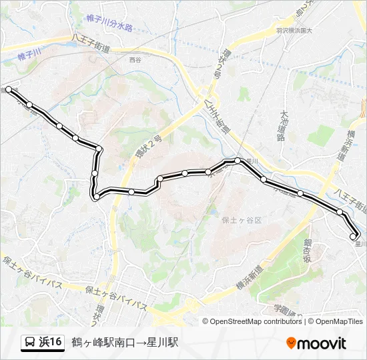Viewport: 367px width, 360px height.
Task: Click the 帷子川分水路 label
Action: click(x=110, y=26)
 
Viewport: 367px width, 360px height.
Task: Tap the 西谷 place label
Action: click(x=135, y=59)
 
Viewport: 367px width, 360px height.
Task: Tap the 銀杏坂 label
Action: click(x=308, y=251)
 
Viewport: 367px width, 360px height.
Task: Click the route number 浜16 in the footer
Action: click(x=50, y=343)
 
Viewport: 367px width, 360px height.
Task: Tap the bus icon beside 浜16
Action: click(x=30, y=343)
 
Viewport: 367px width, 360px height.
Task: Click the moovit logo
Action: click(x=316, y=343)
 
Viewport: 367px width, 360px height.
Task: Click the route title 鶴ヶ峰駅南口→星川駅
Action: click(x=125, y=343)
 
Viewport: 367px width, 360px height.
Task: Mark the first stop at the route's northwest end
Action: click(x=8, y=89)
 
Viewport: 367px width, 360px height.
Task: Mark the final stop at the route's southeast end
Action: click(x=354, y=236)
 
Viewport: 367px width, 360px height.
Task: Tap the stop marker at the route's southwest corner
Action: click(x=97, y=197)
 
